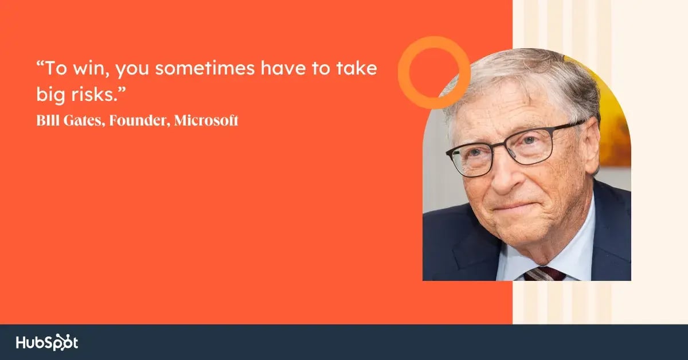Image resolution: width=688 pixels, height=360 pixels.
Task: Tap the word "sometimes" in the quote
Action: click(205, 68)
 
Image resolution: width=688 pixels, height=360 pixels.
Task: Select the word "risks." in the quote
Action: click(95, 94)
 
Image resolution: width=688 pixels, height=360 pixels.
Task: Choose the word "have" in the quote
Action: click(283, 68)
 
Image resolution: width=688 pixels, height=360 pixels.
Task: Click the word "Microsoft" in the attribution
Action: click(206, 120)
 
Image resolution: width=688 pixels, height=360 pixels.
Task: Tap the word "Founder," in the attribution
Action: click(140, 120)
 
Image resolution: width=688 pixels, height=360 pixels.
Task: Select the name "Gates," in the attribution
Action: click(84, 120)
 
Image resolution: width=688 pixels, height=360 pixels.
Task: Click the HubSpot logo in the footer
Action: click(47, 342)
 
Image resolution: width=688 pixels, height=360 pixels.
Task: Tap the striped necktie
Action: click(544, 273)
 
